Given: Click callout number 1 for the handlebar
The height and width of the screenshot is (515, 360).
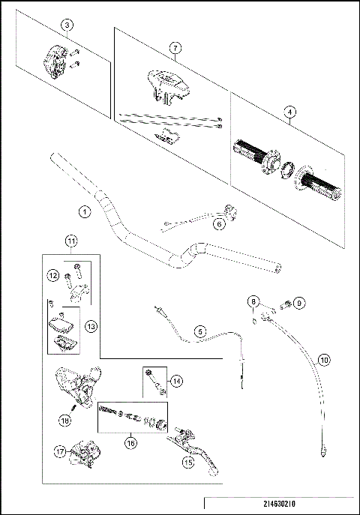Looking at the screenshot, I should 85,212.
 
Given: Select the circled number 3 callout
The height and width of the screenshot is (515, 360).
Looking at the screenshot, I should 67,25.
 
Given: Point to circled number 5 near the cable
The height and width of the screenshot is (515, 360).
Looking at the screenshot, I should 200,331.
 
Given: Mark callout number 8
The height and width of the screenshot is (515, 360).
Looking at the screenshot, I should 253,303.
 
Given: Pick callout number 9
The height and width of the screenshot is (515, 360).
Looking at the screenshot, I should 299,303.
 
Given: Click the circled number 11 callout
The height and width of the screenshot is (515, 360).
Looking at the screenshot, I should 70,241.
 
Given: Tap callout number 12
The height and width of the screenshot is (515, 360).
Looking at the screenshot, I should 54,276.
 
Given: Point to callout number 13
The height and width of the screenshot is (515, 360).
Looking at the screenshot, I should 91,326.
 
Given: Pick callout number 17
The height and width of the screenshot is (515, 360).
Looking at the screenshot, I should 60,451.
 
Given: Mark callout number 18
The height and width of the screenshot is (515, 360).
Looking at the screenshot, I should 65,421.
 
